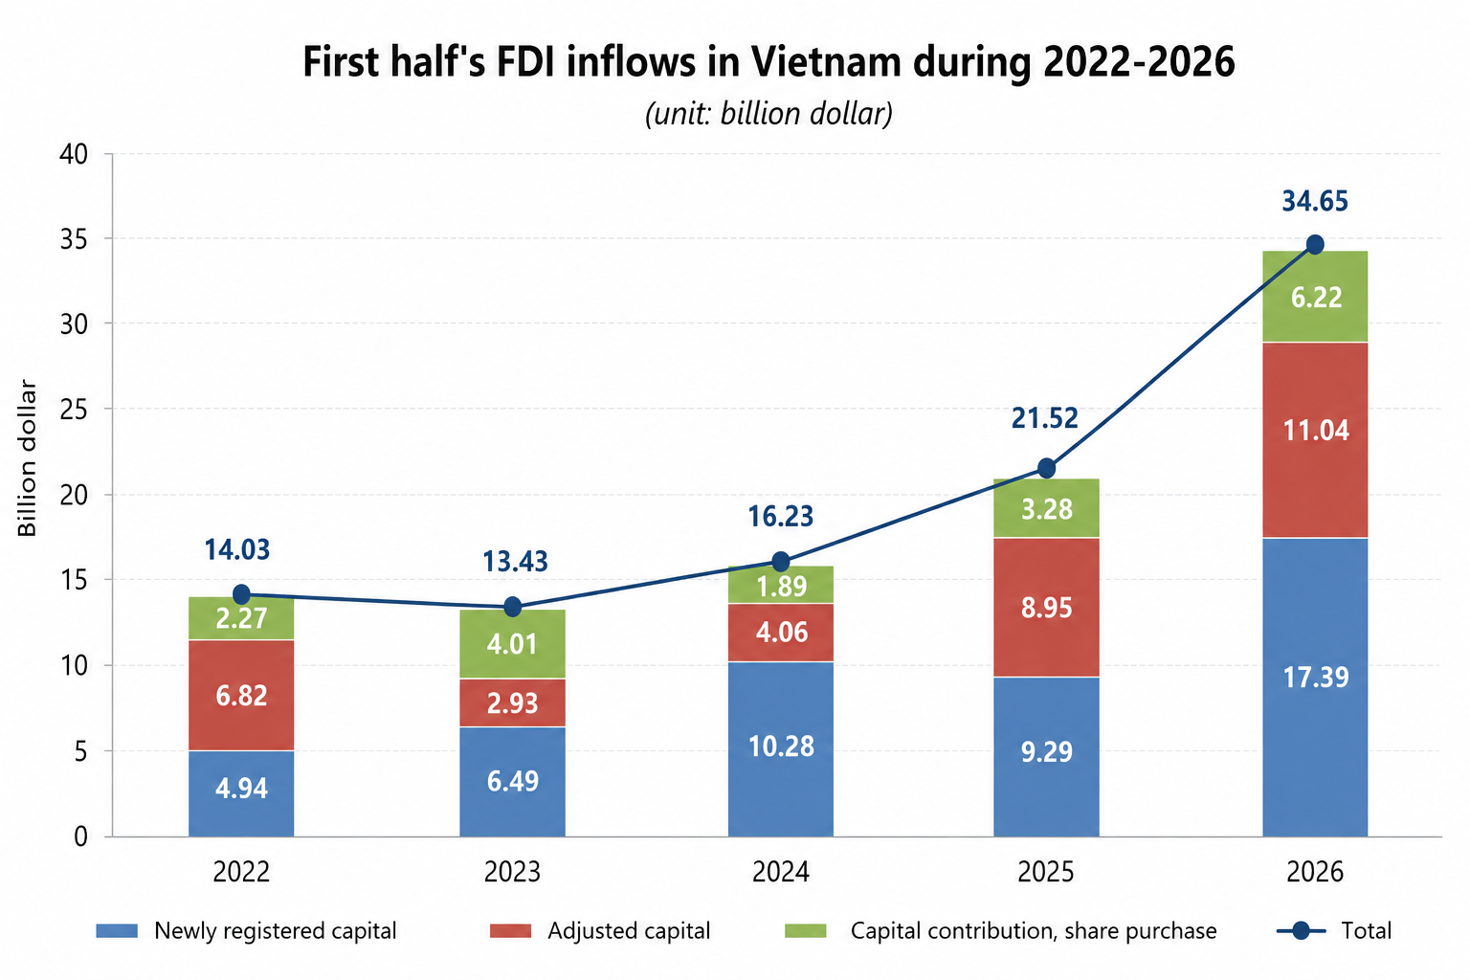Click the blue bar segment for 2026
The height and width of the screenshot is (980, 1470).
click(x=1315, y=687)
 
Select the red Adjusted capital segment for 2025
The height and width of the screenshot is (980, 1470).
click(x=1047, y=607)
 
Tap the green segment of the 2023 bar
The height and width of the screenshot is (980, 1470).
click(x=513, y=644)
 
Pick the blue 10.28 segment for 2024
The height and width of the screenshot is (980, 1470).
click(x=781, y=749)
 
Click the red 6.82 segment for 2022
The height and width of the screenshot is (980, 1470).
click(x=241, y=695)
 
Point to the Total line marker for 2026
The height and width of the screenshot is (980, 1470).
click(x=1315, y=245)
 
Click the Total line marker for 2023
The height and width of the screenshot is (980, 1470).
click(x=513, y=607)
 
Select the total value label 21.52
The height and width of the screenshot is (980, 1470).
click(x=1045, y=418)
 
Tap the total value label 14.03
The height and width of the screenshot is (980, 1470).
click(x=237, y=550)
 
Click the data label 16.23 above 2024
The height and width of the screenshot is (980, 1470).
click(x=781, y=517)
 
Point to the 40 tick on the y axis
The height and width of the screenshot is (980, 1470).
click(x=74, y=155)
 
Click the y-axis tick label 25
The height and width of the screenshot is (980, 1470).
click(x=74, y=411)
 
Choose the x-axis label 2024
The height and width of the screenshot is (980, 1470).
click(x=781, y=873)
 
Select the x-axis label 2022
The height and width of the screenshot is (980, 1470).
click(x=241, y=873)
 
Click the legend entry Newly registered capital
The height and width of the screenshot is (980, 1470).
click(x=246, y=931)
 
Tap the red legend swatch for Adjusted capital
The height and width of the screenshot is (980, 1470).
click(x=510, y=931)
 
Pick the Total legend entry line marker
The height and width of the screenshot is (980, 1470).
click(x=1301, y=931)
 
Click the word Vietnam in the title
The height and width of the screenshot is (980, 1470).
click(x=826, y=62)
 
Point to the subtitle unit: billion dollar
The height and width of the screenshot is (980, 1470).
click(x=768, y=114)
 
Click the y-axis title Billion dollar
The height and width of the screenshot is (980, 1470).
click(x=27, y=457)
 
